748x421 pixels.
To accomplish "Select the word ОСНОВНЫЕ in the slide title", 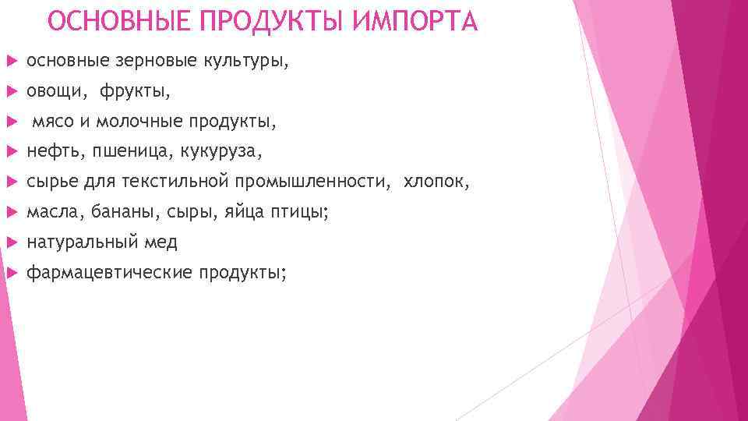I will coord(116,21).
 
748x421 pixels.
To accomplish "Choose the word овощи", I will coord(56,92).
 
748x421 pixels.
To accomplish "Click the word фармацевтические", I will coord(109,273).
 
